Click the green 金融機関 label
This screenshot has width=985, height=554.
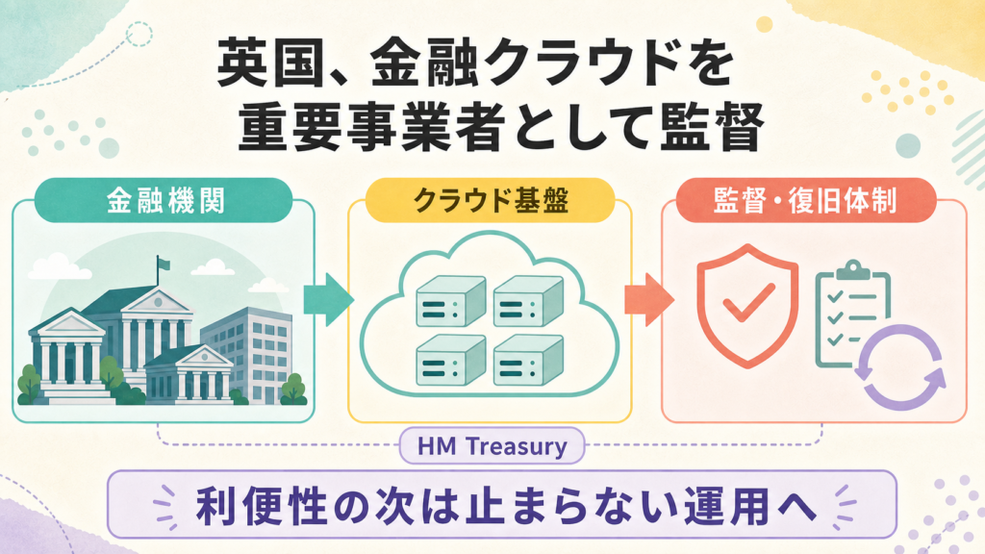tap(164, 200)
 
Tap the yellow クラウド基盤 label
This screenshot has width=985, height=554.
tap(490, 200)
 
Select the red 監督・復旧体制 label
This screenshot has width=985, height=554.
tap(806, 200)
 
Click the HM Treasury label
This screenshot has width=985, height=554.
tap(492, 446)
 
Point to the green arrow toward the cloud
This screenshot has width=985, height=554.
tap(327, 300)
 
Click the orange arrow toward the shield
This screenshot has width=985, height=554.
tap(648, 300)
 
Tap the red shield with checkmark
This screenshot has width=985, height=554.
tap(747, 305)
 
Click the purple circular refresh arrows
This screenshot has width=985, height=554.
tap(899, 366)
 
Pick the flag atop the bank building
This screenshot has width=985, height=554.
tap(163, 264)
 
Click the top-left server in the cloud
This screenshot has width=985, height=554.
tap(451, 301)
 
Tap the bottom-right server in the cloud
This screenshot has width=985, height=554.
tap(528, 360)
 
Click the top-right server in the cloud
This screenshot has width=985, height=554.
tap(528, 301)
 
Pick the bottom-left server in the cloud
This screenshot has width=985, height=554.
tap(451, 360)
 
